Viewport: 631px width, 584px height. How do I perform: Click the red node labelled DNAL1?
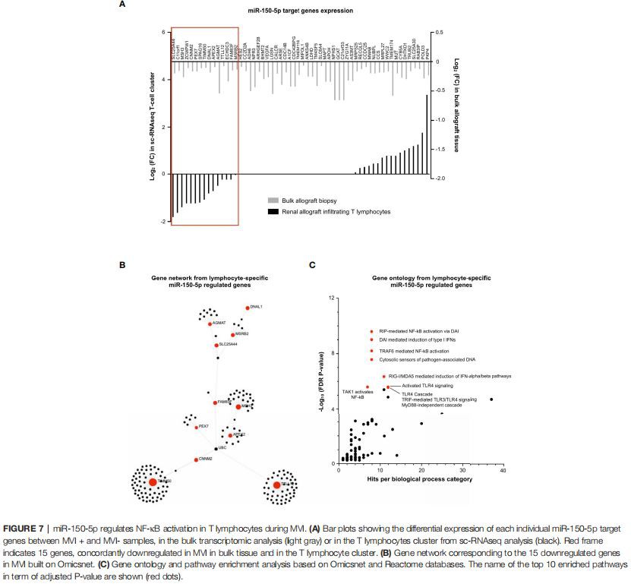tap(248, 308)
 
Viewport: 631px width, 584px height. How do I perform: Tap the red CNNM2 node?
tap(197, 459)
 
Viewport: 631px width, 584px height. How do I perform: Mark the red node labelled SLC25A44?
tap(216, 345)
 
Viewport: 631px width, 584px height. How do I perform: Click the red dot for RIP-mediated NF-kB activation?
tap(371, 331)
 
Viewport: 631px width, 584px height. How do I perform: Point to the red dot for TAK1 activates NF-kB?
tap(368, 387)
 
